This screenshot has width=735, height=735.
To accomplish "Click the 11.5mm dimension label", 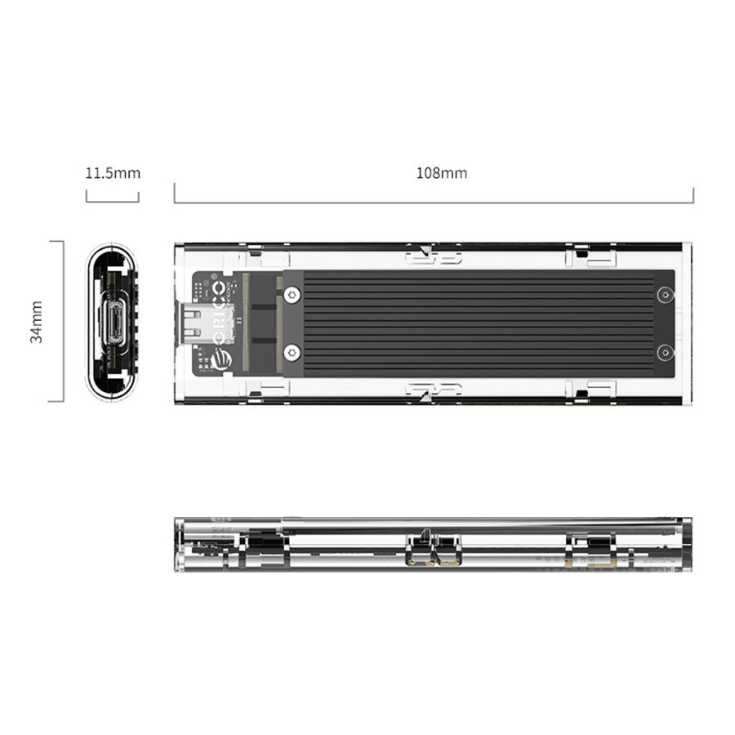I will [113, 173].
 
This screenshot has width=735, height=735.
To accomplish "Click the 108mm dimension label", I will [442, 173].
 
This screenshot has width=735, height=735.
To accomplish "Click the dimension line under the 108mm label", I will [434, 202].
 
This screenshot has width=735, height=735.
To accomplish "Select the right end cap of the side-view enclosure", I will [684, 544].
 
